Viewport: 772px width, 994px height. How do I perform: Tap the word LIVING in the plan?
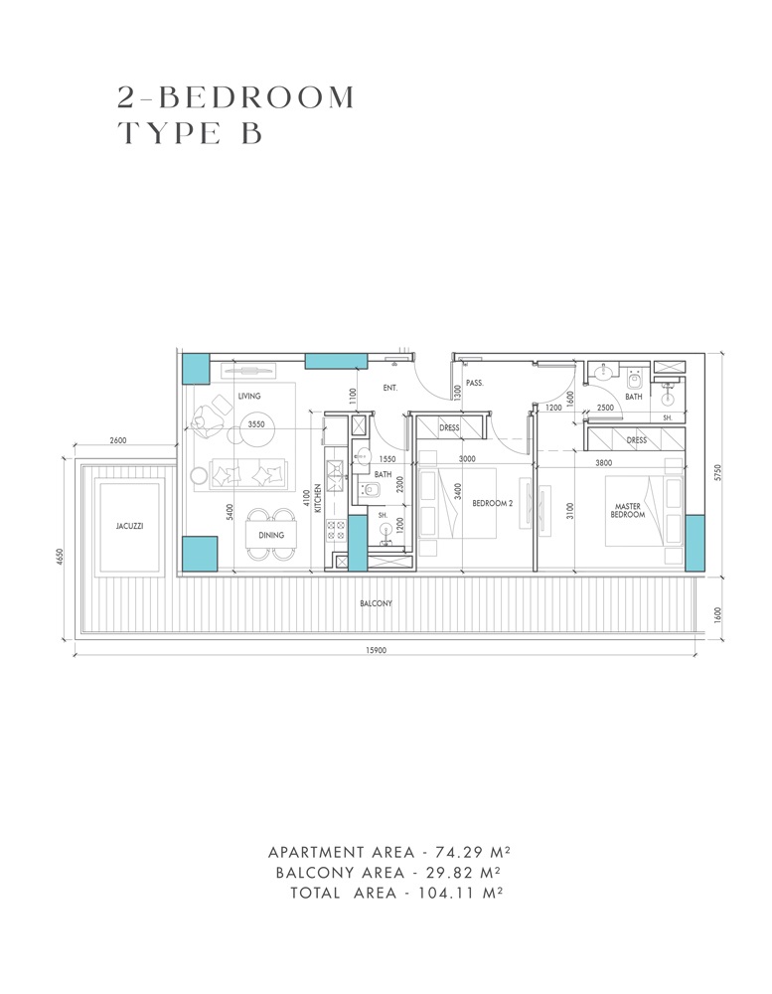pos(248,396)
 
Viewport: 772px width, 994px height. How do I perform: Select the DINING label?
pos(270,535)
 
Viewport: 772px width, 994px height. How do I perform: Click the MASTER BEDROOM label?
pos(628,510)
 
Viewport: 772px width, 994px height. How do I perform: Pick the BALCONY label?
pos(376,603)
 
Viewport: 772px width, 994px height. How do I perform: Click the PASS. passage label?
pos(474,381)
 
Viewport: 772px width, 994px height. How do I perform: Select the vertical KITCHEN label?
pos(318,497)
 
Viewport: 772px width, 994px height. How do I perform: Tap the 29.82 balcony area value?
pos(446,873)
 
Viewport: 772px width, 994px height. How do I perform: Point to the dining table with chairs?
pos(270,533)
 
